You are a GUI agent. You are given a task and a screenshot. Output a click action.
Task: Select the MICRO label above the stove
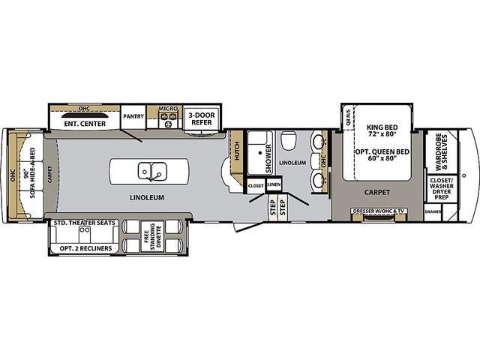coord(167,109)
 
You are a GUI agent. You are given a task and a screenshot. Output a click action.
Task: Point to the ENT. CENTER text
coord(83,123)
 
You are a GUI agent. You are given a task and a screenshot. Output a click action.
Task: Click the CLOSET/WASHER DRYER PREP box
coord(439,190)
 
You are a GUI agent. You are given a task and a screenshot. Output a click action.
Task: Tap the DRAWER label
coord(432,212)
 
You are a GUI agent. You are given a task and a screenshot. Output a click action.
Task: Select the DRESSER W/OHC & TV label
coord(379,211)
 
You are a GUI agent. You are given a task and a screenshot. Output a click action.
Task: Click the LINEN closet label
coord(274,184)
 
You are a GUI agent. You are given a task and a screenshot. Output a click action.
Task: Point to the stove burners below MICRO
coord(167,122)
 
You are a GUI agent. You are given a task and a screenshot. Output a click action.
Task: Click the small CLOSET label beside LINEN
coord(256,184)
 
